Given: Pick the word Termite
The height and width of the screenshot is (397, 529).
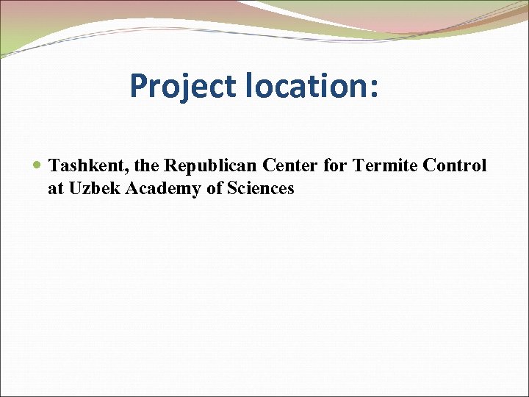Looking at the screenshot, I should click(x=385, y=165).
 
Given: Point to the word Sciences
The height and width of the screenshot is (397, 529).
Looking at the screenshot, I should click(x=261, y=188).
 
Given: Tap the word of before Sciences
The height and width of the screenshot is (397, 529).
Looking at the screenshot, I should click(x=216, y=188).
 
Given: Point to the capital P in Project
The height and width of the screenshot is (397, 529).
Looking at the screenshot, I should click(x=137, y=86).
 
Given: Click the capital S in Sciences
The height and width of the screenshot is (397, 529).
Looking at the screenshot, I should click(x=232, y=188).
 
